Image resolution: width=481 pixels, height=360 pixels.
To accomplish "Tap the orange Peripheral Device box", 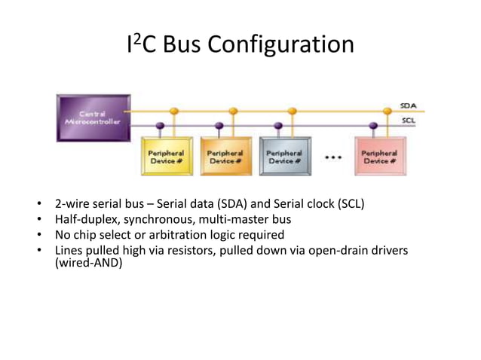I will (x=226, y=156).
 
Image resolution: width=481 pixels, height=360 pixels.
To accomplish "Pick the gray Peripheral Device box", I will (x=285, y=156).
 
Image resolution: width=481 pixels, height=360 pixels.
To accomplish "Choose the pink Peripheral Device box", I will (x=380, y=156).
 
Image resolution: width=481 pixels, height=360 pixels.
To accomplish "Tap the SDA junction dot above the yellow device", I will (x=174, y=111).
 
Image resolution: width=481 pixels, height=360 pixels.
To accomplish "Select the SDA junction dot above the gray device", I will (x=292, y=111).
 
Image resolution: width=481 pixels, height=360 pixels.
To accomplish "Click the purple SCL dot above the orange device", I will (x=219, y=126).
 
